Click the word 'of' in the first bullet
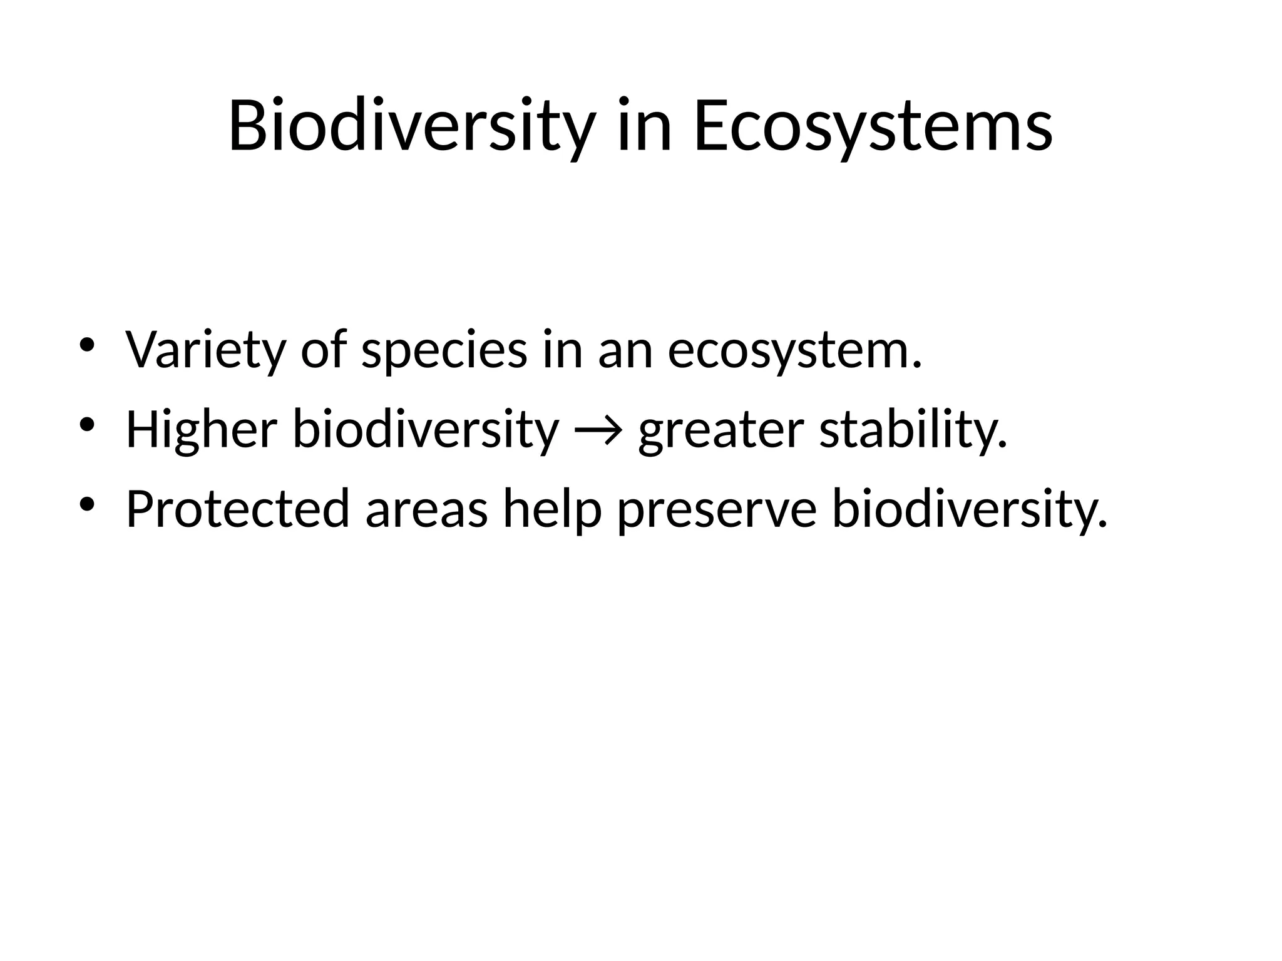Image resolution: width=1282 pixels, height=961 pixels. click(324, 350)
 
